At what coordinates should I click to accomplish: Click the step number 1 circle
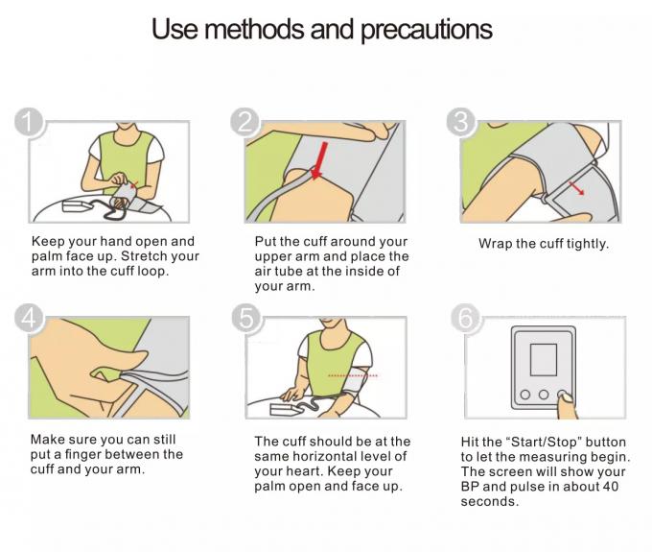click(x=28, y=122)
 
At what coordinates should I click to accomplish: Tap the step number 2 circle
click(x=244, y=122)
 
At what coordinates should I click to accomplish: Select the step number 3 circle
click(x=461, y=122)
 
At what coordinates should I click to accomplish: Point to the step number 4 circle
click(x=29, y=318)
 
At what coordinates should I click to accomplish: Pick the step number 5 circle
click(x=245, y=318)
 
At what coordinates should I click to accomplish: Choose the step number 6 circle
click(x=465, y=318)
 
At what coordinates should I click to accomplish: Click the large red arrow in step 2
click(x=319, y=160)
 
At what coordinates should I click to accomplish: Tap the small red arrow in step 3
click(x=576, y=188)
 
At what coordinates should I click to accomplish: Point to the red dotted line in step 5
click(x=353, y=376)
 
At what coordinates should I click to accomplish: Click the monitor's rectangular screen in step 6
click(x=543, y=360)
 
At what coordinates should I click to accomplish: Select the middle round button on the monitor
click(x=543, y=395)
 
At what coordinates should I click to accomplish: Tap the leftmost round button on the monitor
click(x=525, y=395)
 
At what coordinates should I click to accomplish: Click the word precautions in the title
click(x=427, y=30)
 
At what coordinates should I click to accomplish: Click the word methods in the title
click(x=254, y=29)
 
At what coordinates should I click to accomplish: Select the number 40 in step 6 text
click(x=610, y=486)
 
